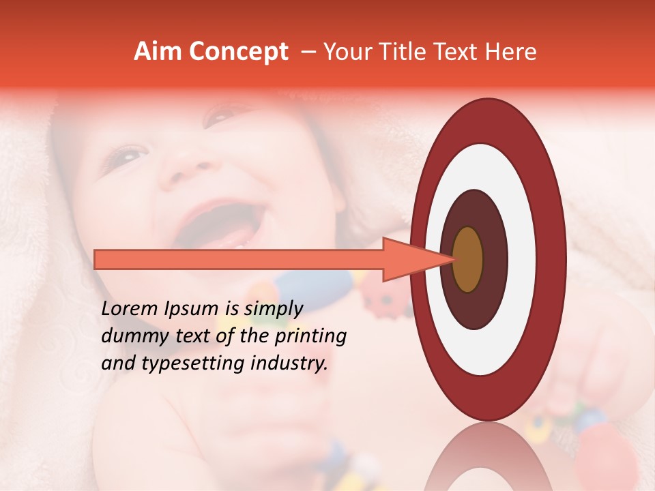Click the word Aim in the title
click(158, 52)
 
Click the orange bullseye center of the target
click(468, 259)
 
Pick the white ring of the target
click(522, 259)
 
